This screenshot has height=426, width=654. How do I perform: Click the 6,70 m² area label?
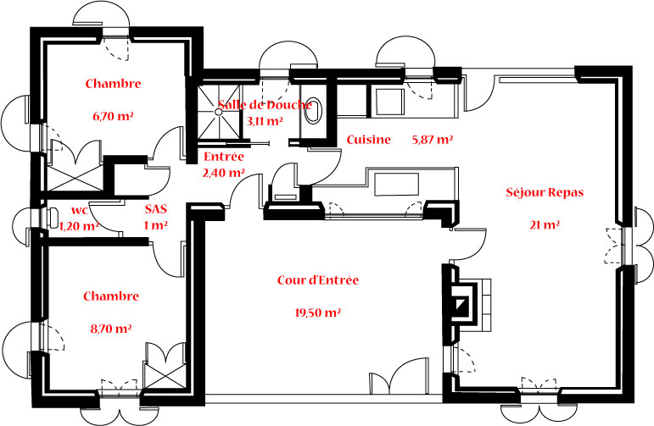click(113, 117)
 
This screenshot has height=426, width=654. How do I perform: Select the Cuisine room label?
click(368, 140)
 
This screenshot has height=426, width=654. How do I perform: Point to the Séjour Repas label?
click(544, 192)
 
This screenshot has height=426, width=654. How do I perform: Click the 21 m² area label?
click(545, 225)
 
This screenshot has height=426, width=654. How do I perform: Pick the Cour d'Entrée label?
click(318, 280)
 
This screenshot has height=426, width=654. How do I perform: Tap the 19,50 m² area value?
click(317, 313)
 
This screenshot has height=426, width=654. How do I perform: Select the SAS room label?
click(154, 208)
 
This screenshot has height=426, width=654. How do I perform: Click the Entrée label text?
click(224, 157)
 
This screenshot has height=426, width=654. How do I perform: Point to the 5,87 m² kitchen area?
click(432, 140)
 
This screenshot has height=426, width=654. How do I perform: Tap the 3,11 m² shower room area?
click(264, 121)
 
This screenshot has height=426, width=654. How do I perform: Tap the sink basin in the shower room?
click(316, 111)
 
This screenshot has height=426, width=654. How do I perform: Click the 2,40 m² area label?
click(223, 173)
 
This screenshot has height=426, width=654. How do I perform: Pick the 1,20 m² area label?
click(79, 225)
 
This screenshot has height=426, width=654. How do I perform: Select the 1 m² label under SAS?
click(154, 225)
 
